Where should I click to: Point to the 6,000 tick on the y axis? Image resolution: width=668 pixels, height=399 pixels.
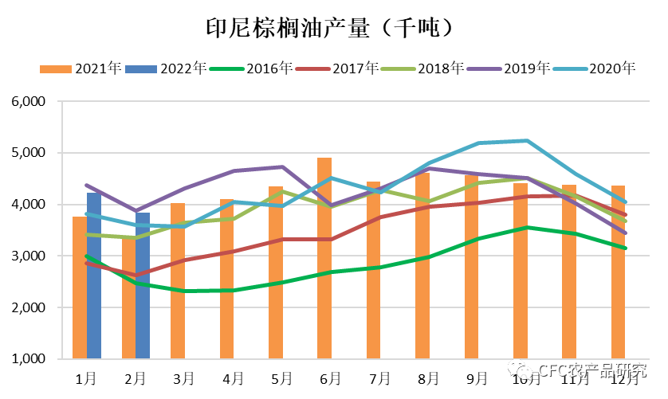(30, 102)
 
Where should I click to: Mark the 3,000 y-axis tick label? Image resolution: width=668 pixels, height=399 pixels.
(30, 256)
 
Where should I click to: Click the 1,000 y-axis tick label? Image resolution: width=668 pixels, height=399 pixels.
(30, 359)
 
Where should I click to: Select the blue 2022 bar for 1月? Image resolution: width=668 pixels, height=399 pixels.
(94, 276)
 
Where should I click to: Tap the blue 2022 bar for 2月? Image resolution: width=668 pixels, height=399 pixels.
(143, 285)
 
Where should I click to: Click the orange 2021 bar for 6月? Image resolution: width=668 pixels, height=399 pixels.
(324, 258)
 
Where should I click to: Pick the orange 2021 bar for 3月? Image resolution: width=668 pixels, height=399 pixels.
(178, 281)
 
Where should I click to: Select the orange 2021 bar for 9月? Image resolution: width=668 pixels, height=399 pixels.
(471, 266)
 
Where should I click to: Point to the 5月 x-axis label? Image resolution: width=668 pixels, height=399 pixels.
(281, 377)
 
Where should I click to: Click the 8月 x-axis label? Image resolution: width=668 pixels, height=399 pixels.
(429, 377)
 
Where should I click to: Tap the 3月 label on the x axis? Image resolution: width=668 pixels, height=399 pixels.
(183, 377)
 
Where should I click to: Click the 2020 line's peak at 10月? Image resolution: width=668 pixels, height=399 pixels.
(526, 141)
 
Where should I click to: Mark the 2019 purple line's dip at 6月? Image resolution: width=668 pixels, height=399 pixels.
(331, 205)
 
